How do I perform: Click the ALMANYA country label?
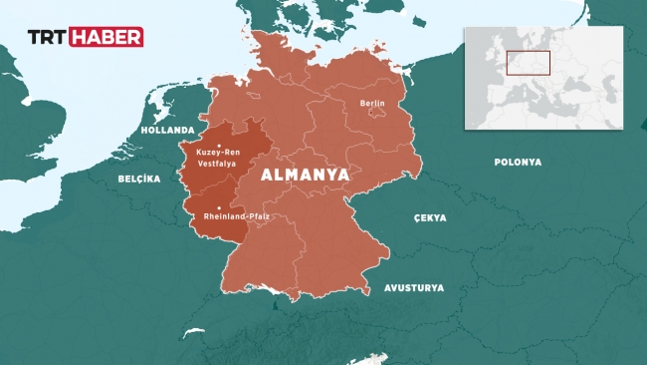(305, 174)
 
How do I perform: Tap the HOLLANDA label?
(168, 130)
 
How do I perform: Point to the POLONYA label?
(518, 161)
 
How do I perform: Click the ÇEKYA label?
(430, 217)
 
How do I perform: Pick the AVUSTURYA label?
(415, 288)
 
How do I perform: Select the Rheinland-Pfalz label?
(236, 216)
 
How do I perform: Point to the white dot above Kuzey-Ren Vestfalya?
(218, 144)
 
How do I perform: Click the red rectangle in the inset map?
(528, 63)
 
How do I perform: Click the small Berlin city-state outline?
(377, 112)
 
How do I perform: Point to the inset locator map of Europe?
(543, 77)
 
